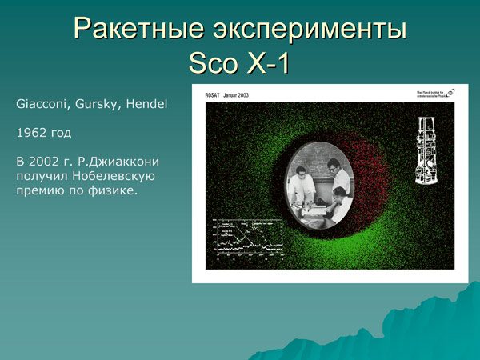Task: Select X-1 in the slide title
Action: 268,63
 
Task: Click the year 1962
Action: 31,133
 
